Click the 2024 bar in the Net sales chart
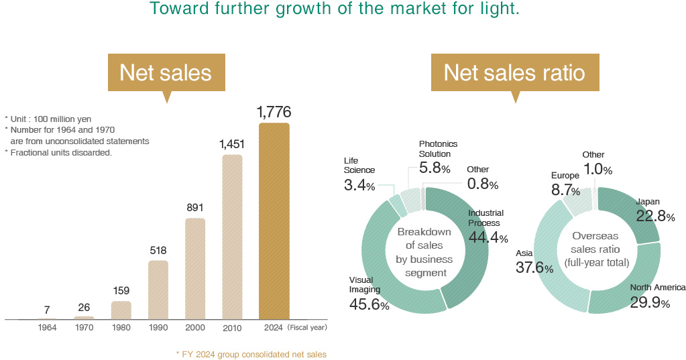(x=274, y=221)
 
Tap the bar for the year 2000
(x=194, y=269)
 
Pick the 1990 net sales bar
(x=158, y=290)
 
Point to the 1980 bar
(x=121, y=310)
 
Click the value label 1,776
(x=274, y=112)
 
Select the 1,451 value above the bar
(x=232, y=144)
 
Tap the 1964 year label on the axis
(x=47, y=328)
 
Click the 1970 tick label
(x=84, y=328)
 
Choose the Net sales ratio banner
(x=514, y=72)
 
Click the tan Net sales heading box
(x=166, y=72)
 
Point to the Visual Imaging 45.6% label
(x=368, y=294)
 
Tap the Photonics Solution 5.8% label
(x=439, y=158)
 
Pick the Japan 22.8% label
(x=654, y=209)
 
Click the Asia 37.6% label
(x=534, y=261)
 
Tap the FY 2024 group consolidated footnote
(x=251, y=353)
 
